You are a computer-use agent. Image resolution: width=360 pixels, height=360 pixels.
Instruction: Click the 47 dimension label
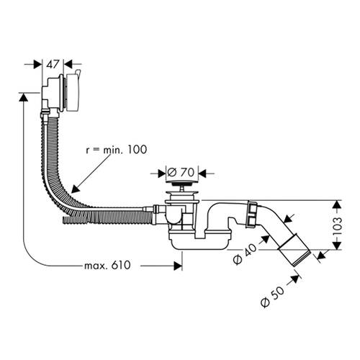[x=53, y=64]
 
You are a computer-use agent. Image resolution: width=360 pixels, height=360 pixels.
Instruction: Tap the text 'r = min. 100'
[x=117, y=150]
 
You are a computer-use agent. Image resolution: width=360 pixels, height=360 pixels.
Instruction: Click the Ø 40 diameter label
[x=245, y=255]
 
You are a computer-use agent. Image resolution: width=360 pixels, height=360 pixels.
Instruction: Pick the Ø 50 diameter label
[x=272, y=297]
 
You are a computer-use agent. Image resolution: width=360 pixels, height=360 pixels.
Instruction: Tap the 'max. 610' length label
[x=107, y=265]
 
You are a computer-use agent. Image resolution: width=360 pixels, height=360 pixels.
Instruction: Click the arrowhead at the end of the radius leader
[x=75, y=189]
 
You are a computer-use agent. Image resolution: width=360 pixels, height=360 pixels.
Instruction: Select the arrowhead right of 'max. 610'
[x=178, y=266]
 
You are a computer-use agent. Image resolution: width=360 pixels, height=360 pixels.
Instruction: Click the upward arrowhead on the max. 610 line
[x=23, y=97]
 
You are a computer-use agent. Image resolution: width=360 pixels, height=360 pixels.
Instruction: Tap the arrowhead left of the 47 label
[x=38, y=64]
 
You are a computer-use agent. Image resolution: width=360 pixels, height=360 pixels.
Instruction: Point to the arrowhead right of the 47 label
[x=68, y=64]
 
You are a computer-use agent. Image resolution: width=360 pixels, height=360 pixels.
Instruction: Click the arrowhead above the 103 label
[x=337, y=204]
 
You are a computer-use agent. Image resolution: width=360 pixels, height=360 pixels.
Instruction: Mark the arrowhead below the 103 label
[x=337, y=246]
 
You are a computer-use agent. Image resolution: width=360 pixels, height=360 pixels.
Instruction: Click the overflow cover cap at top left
[x=73, y=92]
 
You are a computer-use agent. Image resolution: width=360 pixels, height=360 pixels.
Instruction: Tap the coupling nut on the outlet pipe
[x=251, y=215]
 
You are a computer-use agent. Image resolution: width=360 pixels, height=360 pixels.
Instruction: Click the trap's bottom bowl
[x=199, y=243]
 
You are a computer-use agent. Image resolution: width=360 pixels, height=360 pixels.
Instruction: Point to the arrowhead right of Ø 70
[x=203, y=174]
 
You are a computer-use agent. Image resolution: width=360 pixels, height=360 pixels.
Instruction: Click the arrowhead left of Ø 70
[x=162, y=174]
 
